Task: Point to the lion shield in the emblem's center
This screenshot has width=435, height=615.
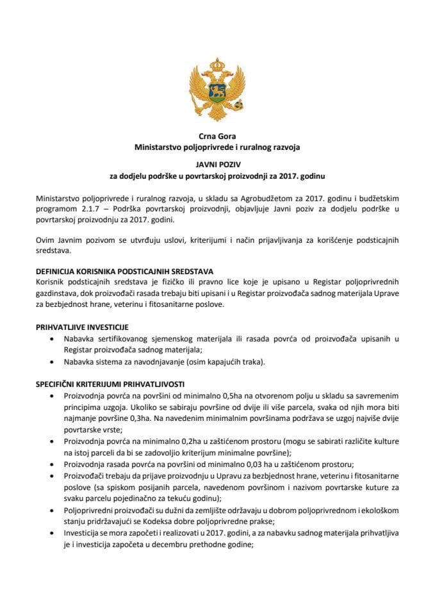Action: (x=217, y=90)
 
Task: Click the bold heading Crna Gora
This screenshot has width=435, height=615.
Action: (x=217, y=135)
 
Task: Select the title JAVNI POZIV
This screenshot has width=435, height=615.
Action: (x=217, y=163)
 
